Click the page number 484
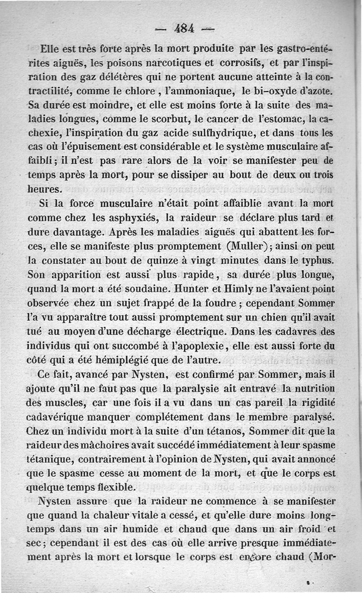click(184, 28)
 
